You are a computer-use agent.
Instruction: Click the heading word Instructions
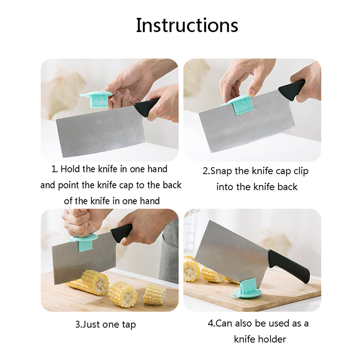[x=187, y=25]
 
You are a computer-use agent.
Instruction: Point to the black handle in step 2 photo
[x=292, y=90]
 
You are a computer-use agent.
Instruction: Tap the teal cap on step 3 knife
[x=84, y=243]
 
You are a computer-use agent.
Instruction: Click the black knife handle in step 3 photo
[x=121, y=233]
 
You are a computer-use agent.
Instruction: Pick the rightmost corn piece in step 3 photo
[x=155, y=294]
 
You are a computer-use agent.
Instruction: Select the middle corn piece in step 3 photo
[x=122, y=294]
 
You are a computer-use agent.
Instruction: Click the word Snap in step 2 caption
[x=221, y=171]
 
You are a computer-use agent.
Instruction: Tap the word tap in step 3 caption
[x=129, y=325]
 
